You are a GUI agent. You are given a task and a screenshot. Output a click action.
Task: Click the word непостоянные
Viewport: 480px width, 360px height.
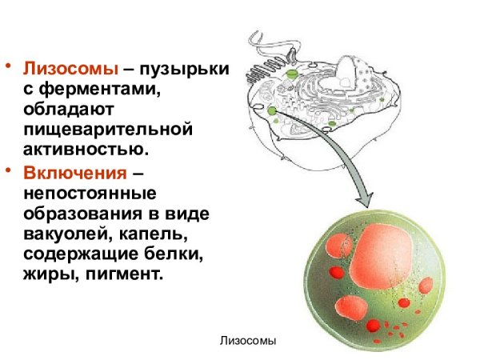coord(89,194)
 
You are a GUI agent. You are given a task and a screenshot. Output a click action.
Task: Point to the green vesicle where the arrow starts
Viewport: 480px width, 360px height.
coord(273,110)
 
